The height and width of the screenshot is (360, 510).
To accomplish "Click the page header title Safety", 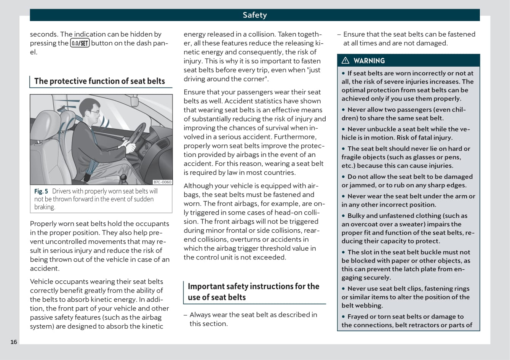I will click(x=254, y=15).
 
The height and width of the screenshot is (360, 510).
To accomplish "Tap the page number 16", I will click(x=14, y=342).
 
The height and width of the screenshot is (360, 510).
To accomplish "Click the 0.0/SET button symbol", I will click(x=80, y=43).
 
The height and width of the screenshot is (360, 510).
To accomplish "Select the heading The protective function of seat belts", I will click(x=99, y=81).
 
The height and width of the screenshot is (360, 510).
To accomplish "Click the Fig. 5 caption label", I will click(x=41, y=191).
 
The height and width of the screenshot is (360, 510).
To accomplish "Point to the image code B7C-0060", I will click(x=162, y=182).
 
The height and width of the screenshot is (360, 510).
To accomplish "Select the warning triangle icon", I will click(x=345, y=61).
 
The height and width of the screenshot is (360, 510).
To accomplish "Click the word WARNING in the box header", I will click(x=369, y=61).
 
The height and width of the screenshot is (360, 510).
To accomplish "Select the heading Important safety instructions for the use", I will click(x=253, y=291).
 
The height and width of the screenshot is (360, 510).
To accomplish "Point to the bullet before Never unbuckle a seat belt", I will click(x=344, y=130).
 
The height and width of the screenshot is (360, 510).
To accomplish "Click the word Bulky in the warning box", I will click(x=357, y=216).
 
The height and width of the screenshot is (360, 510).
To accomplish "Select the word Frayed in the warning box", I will click(x=358, y=317).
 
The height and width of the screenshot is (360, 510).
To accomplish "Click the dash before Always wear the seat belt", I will click(x=185, y=315).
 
